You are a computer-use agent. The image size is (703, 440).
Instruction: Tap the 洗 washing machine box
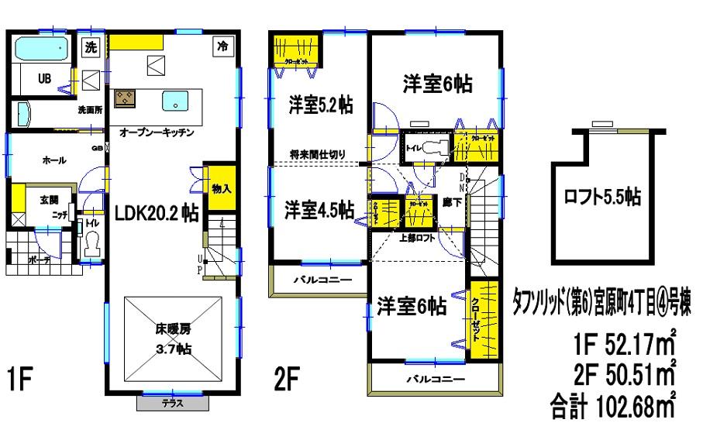[x=91, y=46]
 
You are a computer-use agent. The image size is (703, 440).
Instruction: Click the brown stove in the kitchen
[x=125, y=99]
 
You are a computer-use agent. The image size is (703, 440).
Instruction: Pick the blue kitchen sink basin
[x=176, y=101]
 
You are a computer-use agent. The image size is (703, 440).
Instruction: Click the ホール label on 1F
[x=53, y=160]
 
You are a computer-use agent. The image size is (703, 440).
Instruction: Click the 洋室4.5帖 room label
[x=319, y=209]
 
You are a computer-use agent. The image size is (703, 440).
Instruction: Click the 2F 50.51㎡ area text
[x=624, y=375]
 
